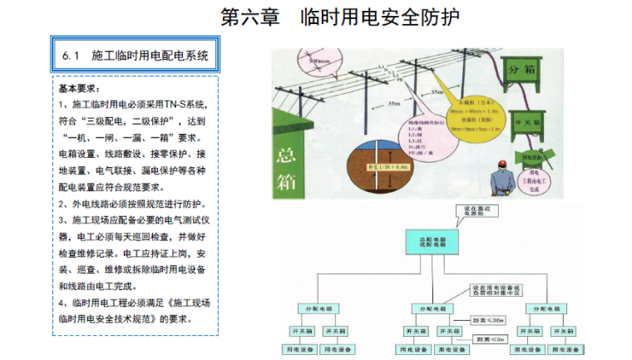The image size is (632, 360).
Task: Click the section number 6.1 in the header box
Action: point(70,56)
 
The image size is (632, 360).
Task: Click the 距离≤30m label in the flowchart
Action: point(486,318)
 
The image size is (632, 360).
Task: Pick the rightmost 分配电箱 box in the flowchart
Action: point(544,308)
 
